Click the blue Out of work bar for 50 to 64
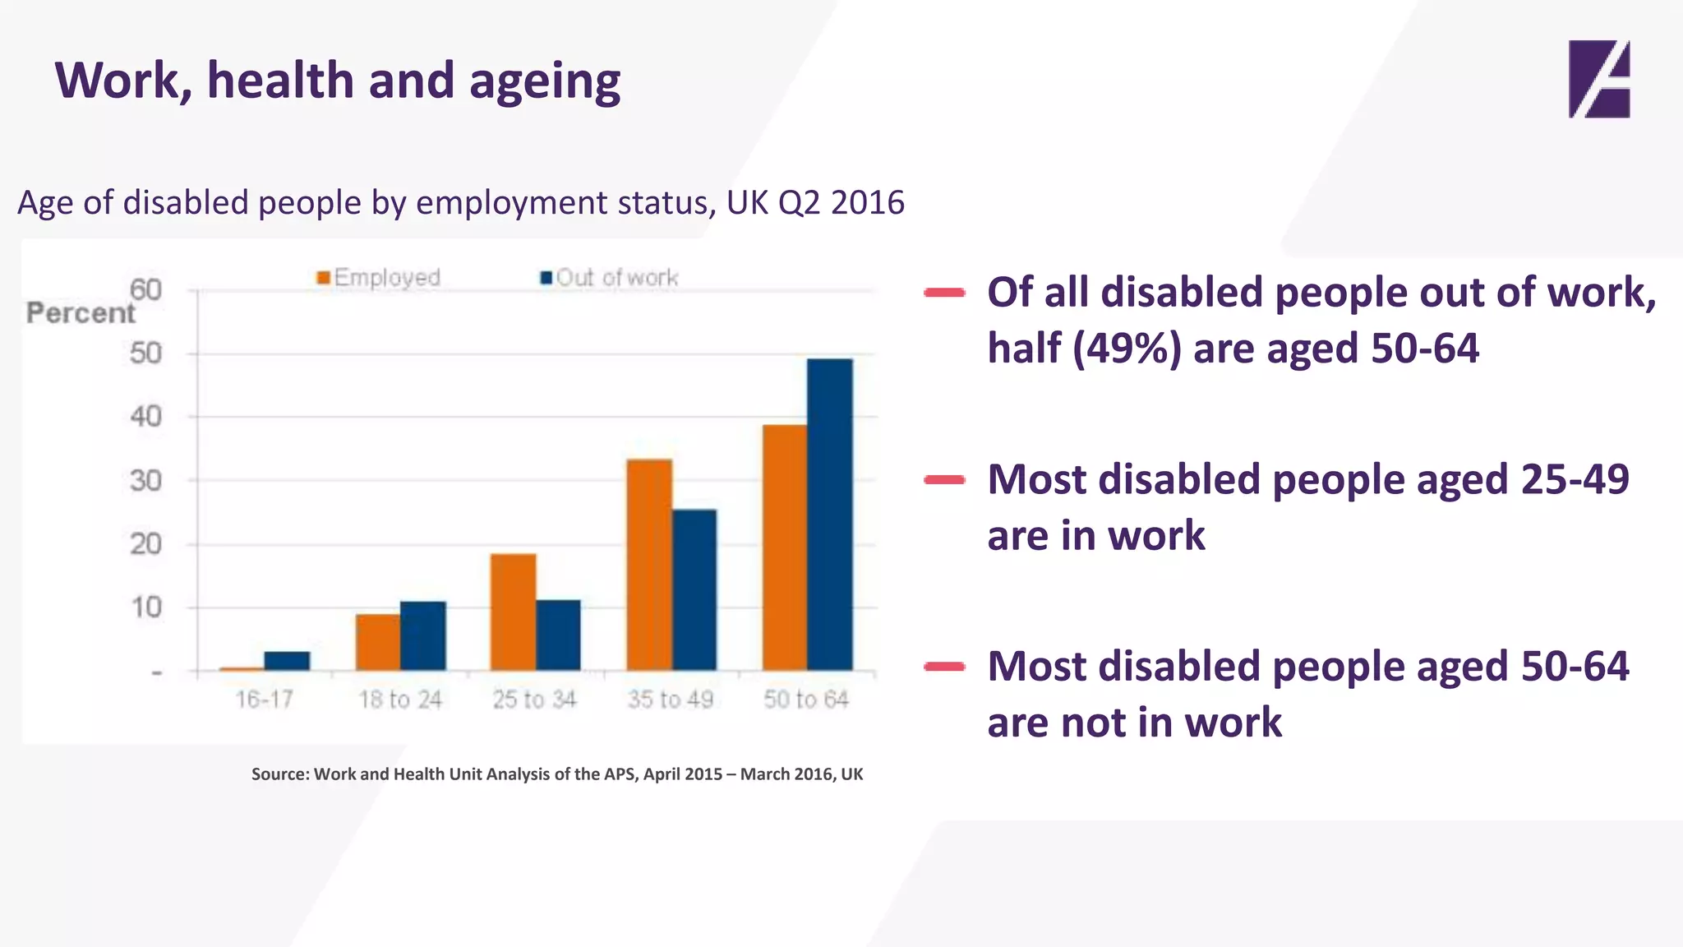(x=830, y=515)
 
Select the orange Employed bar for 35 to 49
(x=649, y=565)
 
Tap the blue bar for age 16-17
(x=287, y=661)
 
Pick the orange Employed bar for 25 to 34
(x=513, y=612)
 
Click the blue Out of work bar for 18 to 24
(x=423, y=635)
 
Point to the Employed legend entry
(x=379, y=278)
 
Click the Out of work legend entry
(x=609, y=278)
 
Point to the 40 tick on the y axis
(x=145, y=417)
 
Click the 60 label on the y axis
(x=145, y=289)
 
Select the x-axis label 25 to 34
(x=534, y=700)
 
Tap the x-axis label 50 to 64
(x=805, y=700)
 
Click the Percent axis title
(x=80, y=313)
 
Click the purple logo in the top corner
(x=1598, y=79)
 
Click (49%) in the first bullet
(x=1127, y=349)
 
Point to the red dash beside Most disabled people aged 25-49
(x=944, y=480)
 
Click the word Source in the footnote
(x=278, y=774)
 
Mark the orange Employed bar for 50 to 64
(x=784, y=547)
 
